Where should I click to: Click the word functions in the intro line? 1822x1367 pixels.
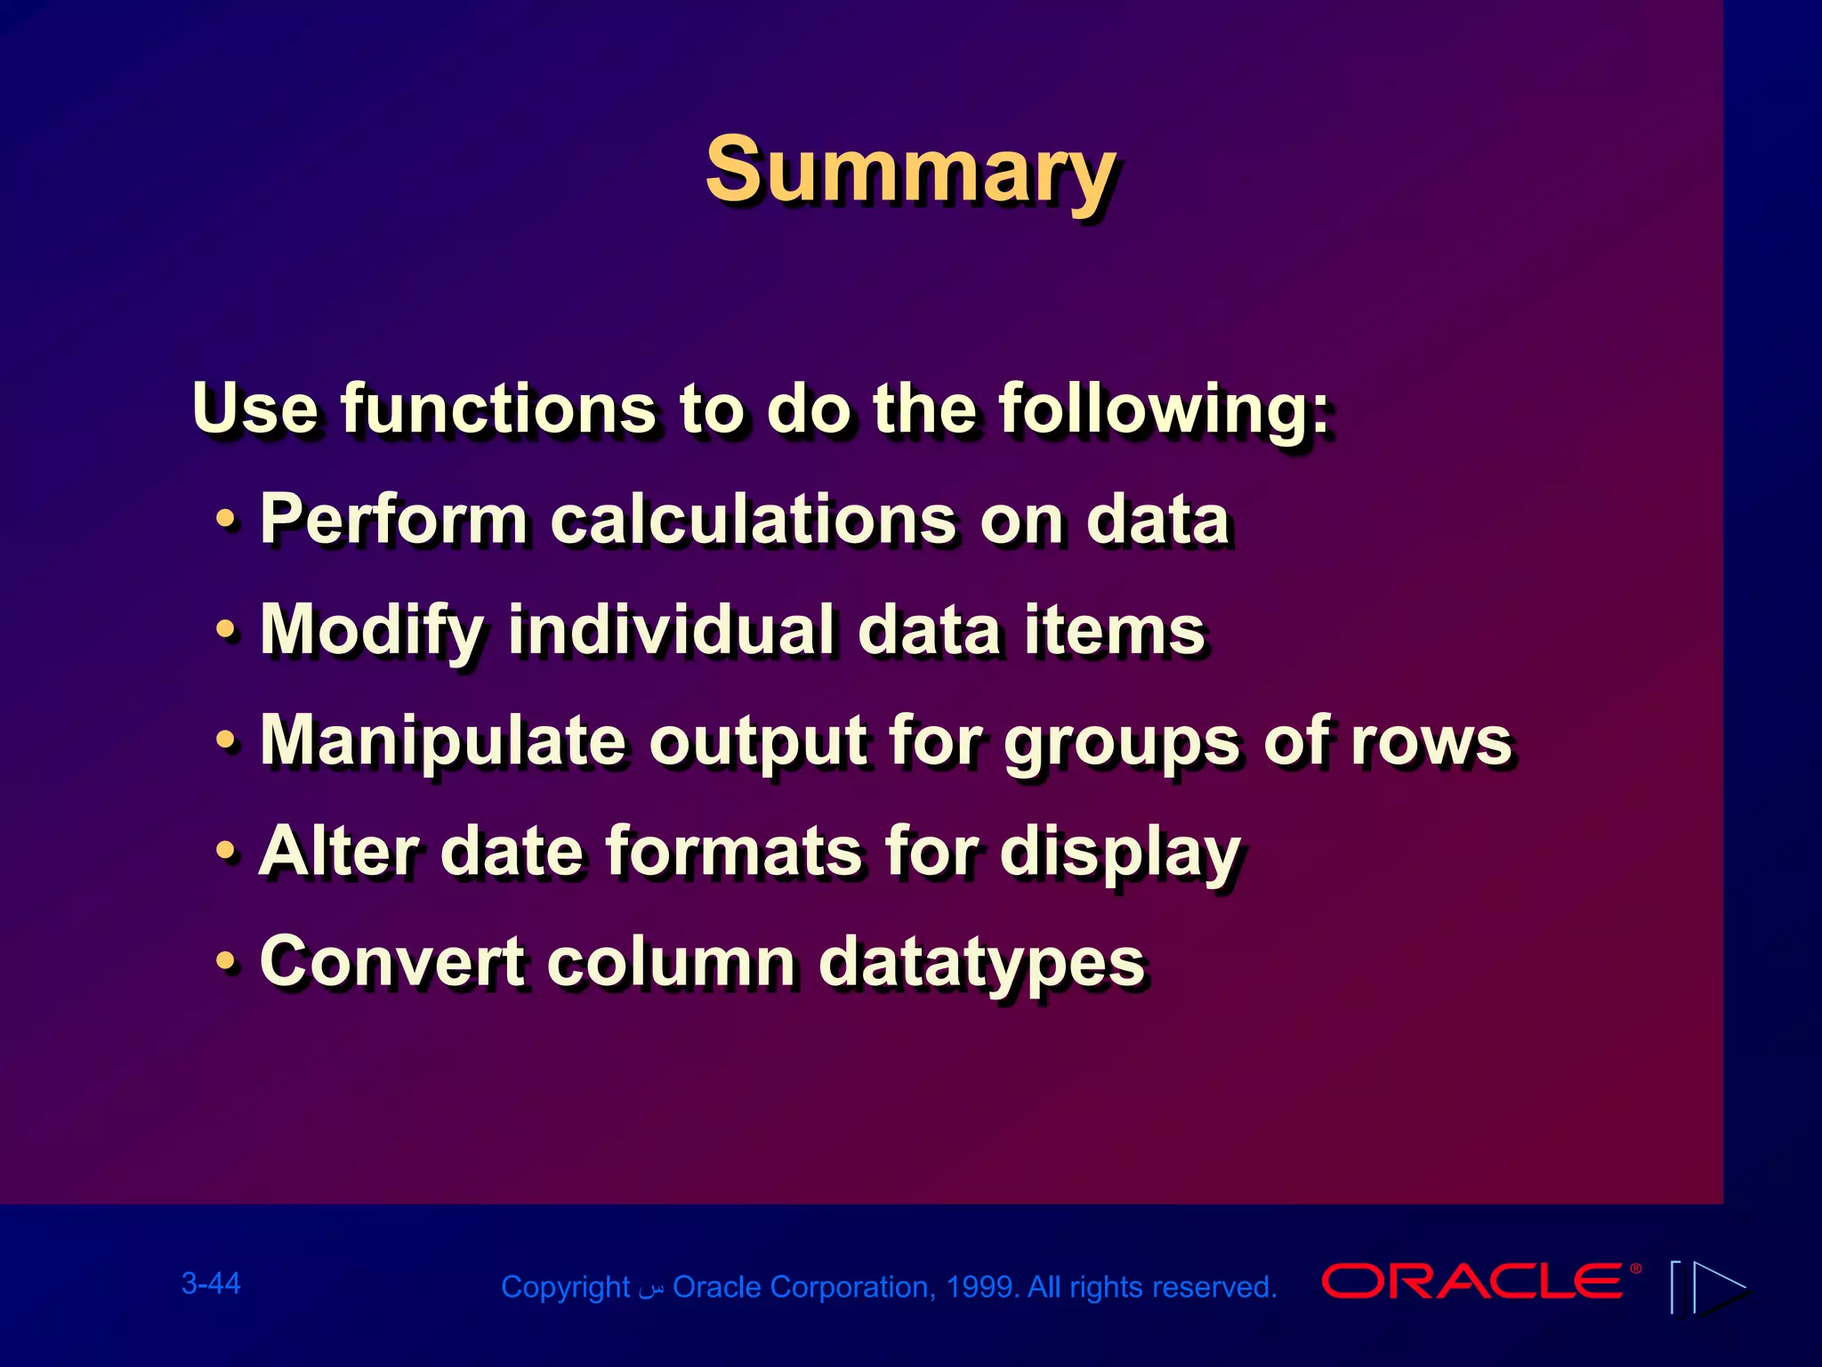tap(497, 408)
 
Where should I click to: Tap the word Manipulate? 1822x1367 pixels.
tap(443, 741)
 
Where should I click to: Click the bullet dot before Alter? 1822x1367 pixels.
tap(228, 852)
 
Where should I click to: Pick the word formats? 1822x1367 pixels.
tap(734, 851)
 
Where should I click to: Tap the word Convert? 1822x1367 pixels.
tap(391, 961)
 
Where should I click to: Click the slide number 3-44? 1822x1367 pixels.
tap(211, 1283)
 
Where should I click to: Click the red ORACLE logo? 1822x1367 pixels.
tap(1472, 1282)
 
